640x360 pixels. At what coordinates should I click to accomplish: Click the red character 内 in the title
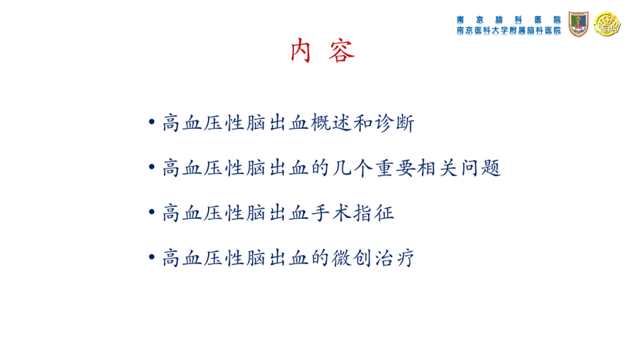301,51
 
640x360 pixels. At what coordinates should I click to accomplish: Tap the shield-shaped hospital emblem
578,24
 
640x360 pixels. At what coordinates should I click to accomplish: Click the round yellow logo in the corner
607,24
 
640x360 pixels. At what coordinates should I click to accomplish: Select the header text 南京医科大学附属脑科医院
509,30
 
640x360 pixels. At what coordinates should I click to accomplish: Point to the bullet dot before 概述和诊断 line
151,121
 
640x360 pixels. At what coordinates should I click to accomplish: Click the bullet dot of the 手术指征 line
151,212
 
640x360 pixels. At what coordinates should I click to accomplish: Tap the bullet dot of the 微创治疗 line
151,256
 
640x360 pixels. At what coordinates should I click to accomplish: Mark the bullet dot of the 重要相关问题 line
151,167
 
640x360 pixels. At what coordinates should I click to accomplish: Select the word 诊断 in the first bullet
394,123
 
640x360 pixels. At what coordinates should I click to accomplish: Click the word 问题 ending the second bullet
481,168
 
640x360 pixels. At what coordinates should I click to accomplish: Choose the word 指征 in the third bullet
373,212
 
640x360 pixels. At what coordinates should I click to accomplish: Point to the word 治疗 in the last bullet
394,258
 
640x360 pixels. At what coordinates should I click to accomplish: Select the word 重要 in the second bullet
395,168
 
